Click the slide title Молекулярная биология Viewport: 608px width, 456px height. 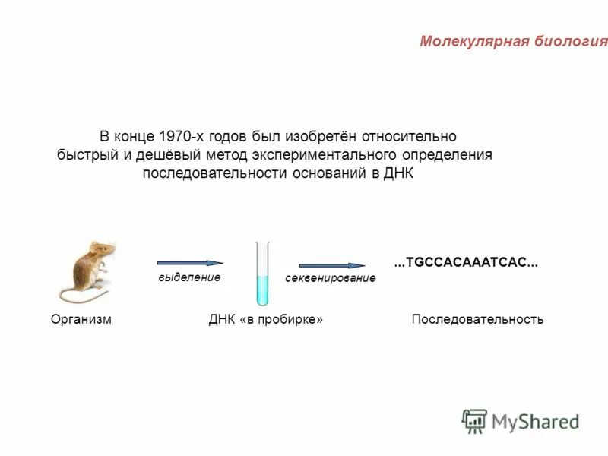point(513,41)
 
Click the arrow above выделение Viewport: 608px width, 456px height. point(190,263)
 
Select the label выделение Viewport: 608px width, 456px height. point(189,277)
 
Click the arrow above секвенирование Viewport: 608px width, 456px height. point(331,265)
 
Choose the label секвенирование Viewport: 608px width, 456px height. point(331,279)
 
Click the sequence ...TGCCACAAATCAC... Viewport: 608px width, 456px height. point(466,263)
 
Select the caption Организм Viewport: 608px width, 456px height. point(81,320)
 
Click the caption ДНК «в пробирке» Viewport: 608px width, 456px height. point(266,320)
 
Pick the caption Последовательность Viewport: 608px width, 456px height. point(477,320)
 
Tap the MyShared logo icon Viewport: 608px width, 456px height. point(474,420)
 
